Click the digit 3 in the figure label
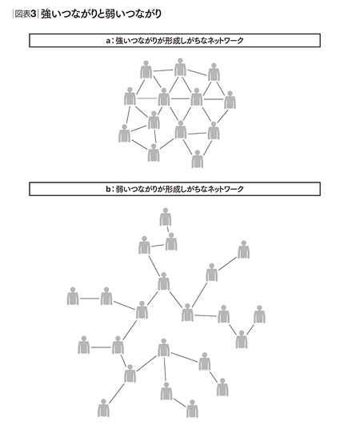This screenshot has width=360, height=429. [x=34, y=14]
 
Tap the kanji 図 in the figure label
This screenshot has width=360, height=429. [x=19, y=14]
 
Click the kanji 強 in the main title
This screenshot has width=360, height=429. [x=46, y=14]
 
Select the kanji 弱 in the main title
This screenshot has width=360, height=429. [x=110, y=14]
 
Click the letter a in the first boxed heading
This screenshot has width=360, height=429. [x=108, y=41]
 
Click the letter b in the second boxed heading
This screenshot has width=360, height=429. [x=108, y=189]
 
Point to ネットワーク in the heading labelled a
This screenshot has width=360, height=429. [x=226, y=41]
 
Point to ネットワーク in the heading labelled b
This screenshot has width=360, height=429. [x=226, y=189]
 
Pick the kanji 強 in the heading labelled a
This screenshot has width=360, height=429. [x=119, y=41]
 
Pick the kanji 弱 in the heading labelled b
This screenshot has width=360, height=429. [x=119, y=189]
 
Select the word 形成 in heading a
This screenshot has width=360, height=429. [x=170, y=41]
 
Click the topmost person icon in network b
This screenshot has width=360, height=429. [x=166, y=217]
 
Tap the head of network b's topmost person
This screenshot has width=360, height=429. [x=166, y=210]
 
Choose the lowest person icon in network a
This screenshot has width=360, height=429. [x=198, y=159]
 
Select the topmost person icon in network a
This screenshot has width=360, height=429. [x=180, y=67]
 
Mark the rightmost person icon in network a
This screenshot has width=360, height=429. [x=230, y=100]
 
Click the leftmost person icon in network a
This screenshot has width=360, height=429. [x=125, y=134]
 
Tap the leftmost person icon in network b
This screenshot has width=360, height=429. [x=73, y=296]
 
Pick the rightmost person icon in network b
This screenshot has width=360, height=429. [x=259, y=315]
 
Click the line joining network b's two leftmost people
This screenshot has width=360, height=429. [x=90, y=299]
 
